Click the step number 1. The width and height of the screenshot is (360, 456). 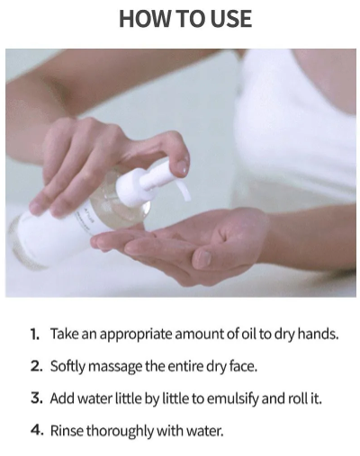pos(34,334)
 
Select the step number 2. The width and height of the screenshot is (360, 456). pos(34,366)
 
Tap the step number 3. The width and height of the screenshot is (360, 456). pos(34,398)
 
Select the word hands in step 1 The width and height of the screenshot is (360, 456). pos(318,334)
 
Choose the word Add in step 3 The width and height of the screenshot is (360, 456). pos(63,398)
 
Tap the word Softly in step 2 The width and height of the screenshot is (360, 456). pos(69,366)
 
